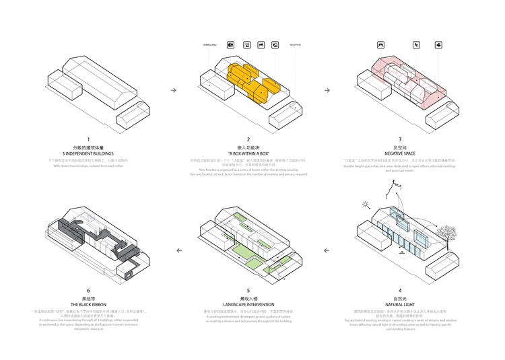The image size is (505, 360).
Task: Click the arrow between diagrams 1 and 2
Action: coord(174,90)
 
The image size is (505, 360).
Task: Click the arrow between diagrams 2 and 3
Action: coord(327,90)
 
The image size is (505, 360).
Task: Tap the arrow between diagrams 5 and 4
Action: coord(327,250)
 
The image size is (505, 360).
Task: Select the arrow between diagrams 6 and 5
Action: coord(178,250)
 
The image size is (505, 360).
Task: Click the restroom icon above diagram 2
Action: coord(230,45)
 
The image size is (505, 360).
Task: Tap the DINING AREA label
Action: coord(209,45)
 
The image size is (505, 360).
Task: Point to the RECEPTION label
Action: coord(296,45)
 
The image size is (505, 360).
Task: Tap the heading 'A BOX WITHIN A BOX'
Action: coord(248,154)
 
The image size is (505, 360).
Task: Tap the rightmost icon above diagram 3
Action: coord(438,45)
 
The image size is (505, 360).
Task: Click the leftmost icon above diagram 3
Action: coord(380,45)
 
